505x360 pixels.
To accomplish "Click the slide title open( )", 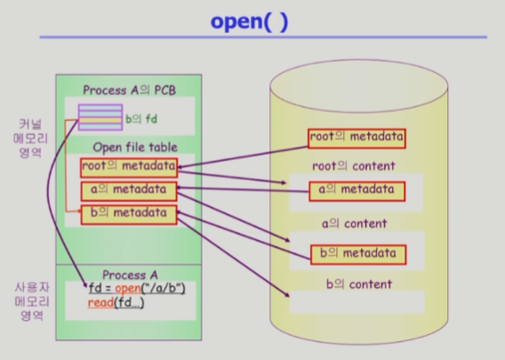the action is coord(249,22).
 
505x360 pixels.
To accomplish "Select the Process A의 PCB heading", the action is coord(130,90).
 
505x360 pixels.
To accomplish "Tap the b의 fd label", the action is coord(141,119).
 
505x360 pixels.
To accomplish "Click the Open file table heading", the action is coord(135,148).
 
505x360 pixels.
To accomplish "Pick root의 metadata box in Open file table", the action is coord(129,167).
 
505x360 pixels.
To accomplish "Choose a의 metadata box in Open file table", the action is coord(129,191).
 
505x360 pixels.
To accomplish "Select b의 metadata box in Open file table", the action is coord(129,214).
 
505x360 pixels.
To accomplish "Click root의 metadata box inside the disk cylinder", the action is coord(357,139).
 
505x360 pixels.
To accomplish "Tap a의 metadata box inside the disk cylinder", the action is coord(357,191).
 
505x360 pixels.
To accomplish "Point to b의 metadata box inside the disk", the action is coord(358,255).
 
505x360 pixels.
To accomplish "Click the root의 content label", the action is coord(354,166).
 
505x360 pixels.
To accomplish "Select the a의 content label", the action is coord(354,223).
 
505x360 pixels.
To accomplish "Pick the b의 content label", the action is coord(359,284).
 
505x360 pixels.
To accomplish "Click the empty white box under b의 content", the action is coord(357,302).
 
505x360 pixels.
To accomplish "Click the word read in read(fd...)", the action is coord(100,303).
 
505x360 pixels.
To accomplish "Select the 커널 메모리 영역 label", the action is coord(30,138).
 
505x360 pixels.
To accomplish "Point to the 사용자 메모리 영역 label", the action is coord(32,301).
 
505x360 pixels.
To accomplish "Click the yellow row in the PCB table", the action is coord(100,120).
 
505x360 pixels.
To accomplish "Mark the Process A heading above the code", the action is coord(130,275).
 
